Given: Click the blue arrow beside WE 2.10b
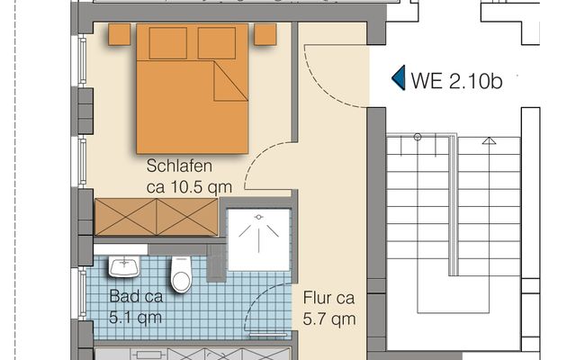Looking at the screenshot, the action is coord(400,77).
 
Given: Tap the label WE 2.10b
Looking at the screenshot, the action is coord(456,81).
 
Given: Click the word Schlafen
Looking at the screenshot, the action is coord(179,166).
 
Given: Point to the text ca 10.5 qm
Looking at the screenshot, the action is coord(189,187).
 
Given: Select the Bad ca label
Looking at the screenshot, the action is coord(136,296).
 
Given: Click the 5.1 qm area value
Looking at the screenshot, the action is coord(135,318).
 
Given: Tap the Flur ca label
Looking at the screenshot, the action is coord(328,298).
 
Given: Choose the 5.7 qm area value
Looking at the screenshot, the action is coord(329,319).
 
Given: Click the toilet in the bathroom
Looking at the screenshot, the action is coord(181,274).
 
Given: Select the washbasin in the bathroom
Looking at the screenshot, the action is coord(124,266).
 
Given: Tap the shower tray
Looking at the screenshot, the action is coord(258,239).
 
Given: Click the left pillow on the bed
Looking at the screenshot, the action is coord(168,43).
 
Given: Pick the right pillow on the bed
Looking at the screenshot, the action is coord(217,43).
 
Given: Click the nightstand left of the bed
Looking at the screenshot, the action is coord(120,34).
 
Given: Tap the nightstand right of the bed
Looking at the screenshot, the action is coord(265,34).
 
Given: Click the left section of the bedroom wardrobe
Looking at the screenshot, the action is coord(126,217).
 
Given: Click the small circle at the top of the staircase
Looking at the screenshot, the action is coord(418,138).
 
